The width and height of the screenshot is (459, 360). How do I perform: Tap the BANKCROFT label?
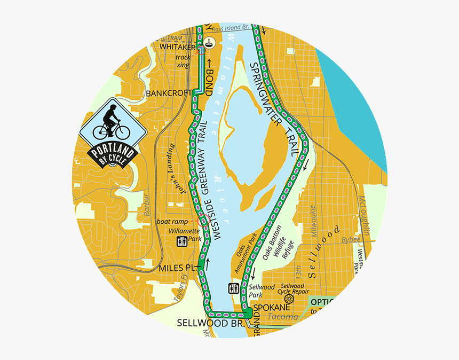pos(168,93)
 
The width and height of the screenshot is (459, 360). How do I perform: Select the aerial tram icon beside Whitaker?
pos(211,42)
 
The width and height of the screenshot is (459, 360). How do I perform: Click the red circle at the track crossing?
pos(200,51)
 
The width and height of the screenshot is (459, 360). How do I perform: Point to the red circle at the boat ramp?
pos(202,221)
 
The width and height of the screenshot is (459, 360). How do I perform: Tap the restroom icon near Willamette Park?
pos(182,241)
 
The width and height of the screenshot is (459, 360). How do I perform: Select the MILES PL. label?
pos(178,267)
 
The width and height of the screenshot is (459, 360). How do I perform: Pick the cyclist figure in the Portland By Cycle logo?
pos(110,122)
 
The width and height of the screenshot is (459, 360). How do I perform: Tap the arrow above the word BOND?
pos(210,64)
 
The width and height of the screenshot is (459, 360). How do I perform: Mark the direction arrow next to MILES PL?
pos(207,261)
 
